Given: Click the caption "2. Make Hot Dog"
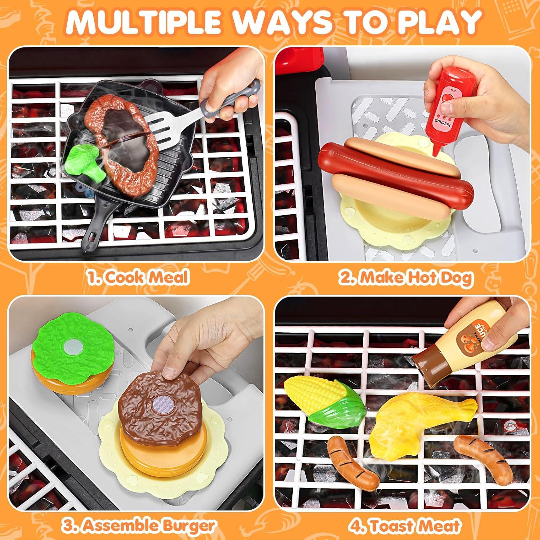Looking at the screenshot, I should click(x=405, y=277).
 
